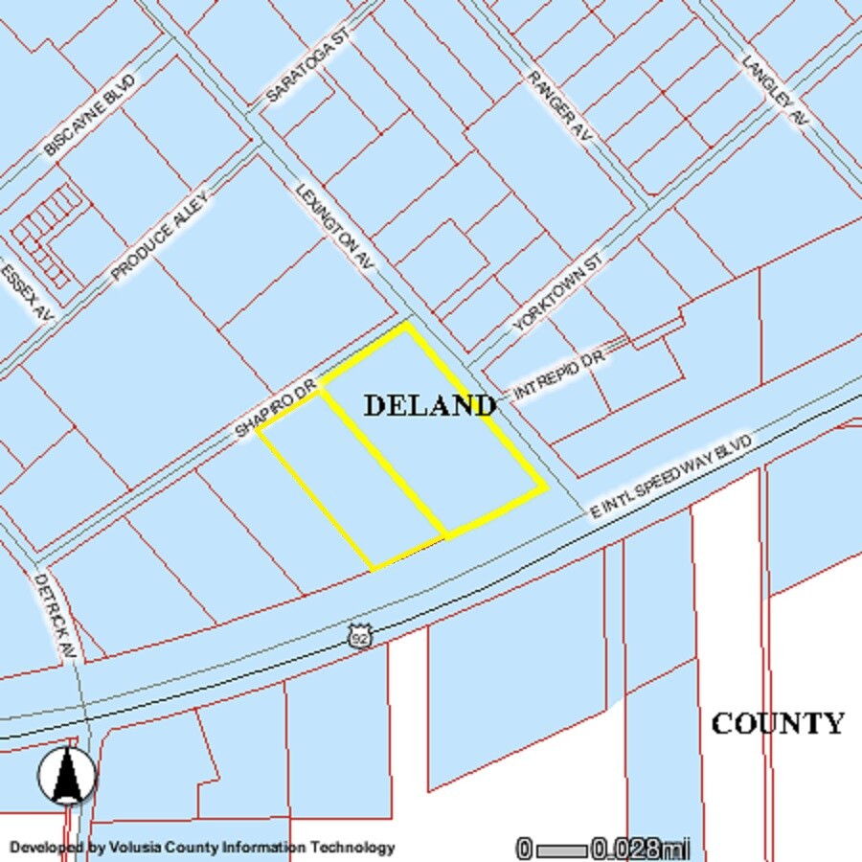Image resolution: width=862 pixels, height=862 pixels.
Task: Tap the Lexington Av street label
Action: pos(334,225)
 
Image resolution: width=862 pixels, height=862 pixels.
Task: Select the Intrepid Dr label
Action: pos(559,374)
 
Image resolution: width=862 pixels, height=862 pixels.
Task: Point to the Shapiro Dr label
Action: pos(276,409)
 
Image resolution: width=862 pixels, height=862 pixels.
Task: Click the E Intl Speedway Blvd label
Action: pos(672,475)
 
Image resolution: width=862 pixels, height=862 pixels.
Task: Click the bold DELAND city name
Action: pos(430,405)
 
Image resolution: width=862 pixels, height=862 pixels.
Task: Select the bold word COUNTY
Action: pos(778,723)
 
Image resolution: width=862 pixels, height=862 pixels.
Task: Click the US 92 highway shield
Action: pos(359,637)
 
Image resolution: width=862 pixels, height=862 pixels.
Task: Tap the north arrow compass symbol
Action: pos(67,774)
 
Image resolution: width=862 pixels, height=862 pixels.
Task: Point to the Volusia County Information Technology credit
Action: pos(202,847)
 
